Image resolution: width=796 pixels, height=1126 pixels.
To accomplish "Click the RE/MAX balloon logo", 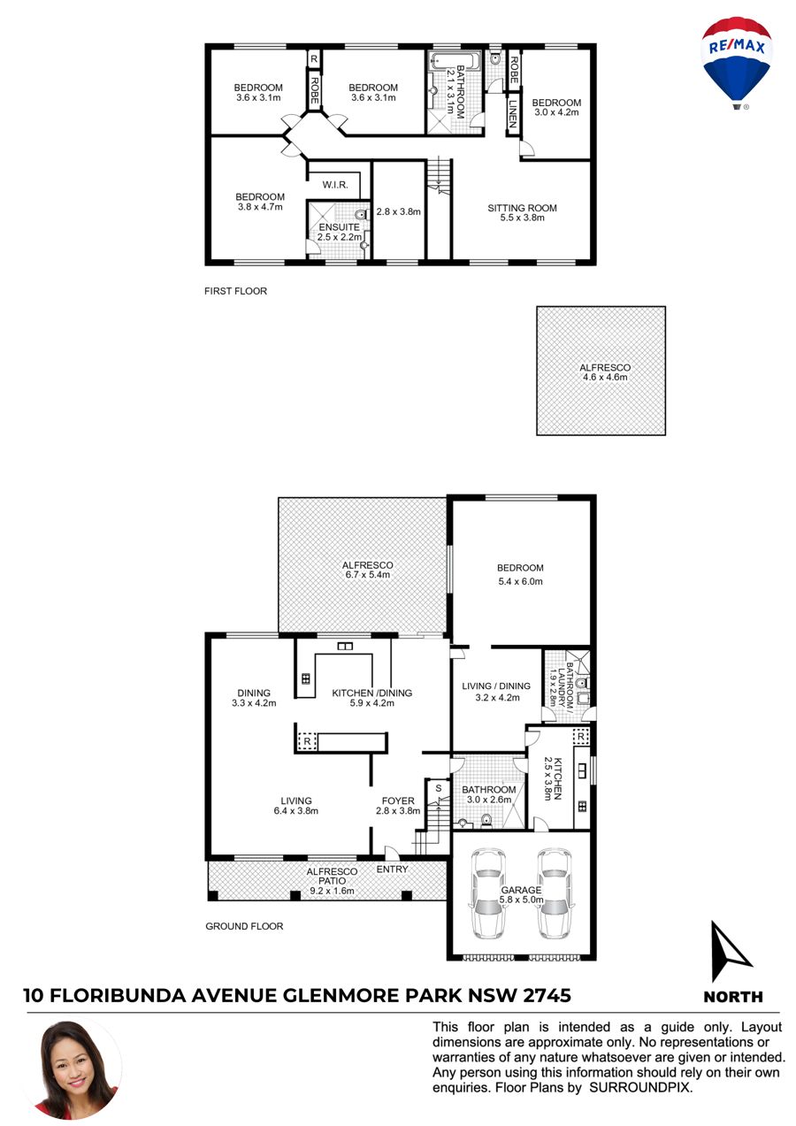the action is pos(737,63).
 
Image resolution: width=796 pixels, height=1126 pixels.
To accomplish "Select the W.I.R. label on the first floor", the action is pos(335,185).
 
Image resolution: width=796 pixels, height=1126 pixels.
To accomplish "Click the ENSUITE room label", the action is pos(340,227).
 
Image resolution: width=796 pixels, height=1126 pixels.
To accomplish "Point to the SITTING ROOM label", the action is pos(522,208).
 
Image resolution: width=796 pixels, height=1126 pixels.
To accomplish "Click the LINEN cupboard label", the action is pos(513,113).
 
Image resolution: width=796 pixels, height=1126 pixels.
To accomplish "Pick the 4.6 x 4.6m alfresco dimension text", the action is pos(605,377).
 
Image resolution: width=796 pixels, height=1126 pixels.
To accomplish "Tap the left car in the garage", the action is pos(488,893).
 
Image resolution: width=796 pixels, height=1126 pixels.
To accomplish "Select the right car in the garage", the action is pos(555,893).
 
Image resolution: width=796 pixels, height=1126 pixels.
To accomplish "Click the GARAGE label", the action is pos(521,890).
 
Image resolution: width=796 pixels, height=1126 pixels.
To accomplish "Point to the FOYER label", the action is pos(398,800).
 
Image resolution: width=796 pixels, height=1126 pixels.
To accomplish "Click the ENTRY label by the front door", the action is pos(393,869).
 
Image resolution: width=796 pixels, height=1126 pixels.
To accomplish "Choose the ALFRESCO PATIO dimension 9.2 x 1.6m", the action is pos(332,892).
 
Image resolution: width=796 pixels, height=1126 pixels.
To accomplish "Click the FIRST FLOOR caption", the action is pos(235,291).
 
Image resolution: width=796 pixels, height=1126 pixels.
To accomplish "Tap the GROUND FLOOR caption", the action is pos(244,926).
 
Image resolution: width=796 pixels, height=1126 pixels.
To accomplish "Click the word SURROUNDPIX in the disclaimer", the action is pos(639,1088).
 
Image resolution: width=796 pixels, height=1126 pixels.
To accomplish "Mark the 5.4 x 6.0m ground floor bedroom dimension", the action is pos(520,582).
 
